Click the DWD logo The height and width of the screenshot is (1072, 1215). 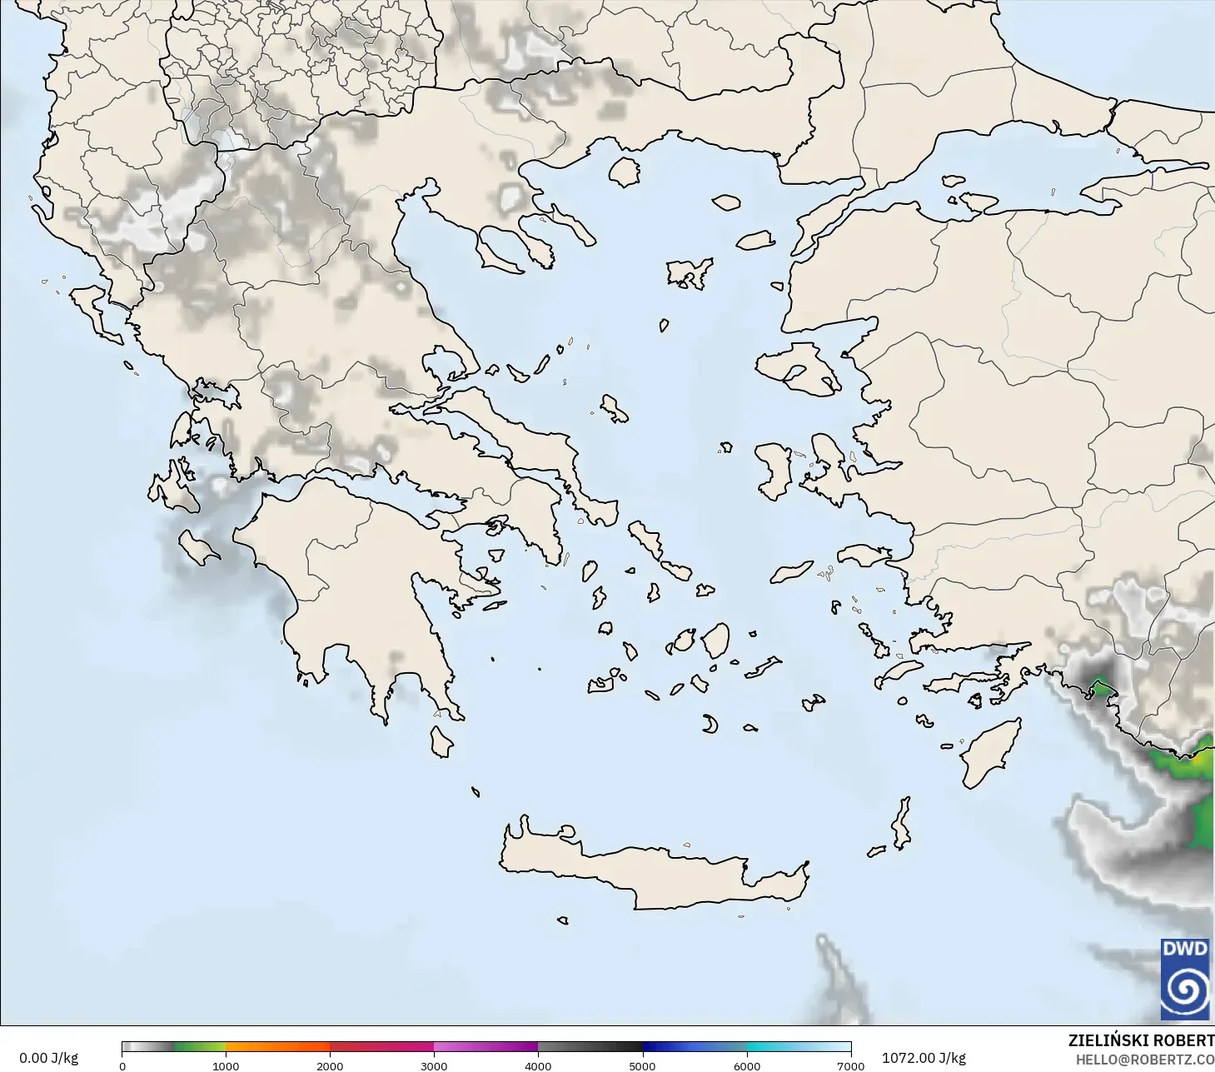click(x=1184, y=980)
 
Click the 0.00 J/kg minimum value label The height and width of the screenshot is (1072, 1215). click(x=48, y=1058)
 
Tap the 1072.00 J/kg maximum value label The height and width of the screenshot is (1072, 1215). click(x=924, y=1058)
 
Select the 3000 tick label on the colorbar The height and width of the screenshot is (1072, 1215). click(x=434, y=1065)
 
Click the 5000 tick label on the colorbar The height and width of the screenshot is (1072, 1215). click(x=642, y=1065)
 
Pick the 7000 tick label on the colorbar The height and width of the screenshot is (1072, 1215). click(x=850, y=1065)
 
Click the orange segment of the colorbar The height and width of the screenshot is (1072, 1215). click(x=277, y=1047)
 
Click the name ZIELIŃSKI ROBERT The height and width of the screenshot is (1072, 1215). click(x=1141, y=1040)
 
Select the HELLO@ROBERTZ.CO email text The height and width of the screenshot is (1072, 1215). click(x=1144, y=1060)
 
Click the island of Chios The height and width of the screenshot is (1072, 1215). click(x=774, y=471)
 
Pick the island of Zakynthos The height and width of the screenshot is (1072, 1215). click(x=198, y=548)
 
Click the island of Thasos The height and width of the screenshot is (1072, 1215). click(x=624, y=172)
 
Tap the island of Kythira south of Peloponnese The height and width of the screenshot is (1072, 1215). click(x=441, y=741)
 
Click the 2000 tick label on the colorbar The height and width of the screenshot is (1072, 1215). click(x=330, y=1065)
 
